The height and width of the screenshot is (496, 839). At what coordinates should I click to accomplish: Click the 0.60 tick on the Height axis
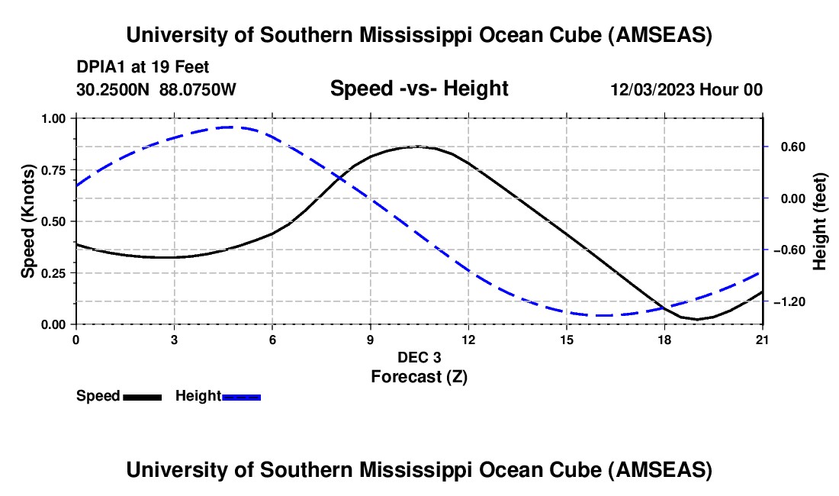click(x=790, y=147)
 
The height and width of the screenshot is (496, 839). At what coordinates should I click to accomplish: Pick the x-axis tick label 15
click(x=566, y=340)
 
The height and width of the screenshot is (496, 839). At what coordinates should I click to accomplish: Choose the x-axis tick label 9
click(x=370, y=340)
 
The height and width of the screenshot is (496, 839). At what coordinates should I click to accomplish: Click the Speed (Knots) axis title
click(x=27, y=221)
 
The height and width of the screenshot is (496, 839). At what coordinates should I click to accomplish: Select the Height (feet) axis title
click(x=820, y=221)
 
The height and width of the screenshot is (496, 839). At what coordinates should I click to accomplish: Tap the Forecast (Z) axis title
click(x=419, y=376)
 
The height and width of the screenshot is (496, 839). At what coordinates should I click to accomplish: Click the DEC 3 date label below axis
click(x=419, y=357)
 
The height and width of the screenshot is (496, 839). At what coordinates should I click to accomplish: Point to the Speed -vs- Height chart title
click(x=419, y=89)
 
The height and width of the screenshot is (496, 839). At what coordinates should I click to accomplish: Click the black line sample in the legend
click(x=142, y=397)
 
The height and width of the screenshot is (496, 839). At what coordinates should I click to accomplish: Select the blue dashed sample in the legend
click(x=241, y=397)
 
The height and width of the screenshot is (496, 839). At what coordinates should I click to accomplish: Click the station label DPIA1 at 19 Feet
click(x=143, y=67)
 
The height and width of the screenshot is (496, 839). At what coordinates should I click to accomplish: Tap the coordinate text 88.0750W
click(x=198, y=90)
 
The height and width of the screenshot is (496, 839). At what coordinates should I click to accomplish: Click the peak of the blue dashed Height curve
click(x=230, y=127)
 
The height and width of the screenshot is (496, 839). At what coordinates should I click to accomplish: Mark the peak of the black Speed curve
click(x=416, y=147)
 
